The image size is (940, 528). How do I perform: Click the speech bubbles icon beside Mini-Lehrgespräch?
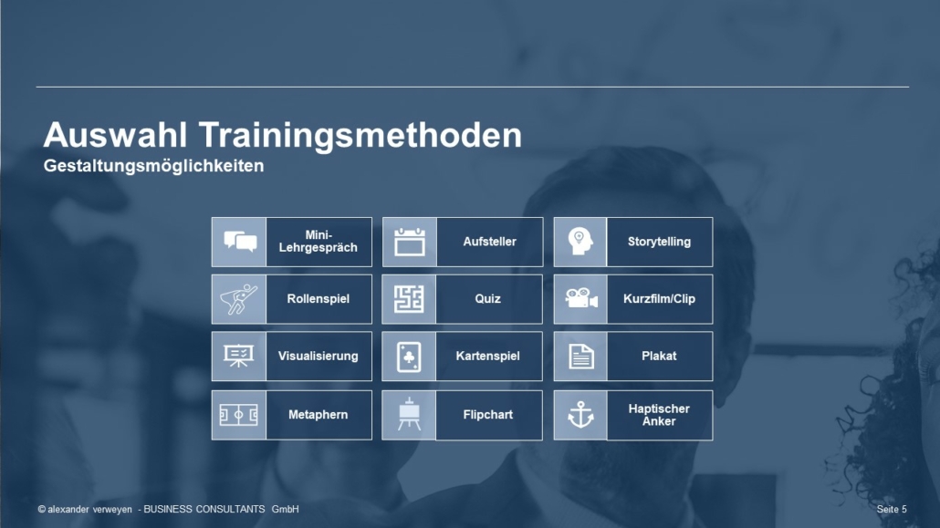pyautogui.click(x=240, y=242)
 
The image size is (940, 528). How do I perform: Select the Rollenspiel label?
pyautogui.click(x=318, y=298)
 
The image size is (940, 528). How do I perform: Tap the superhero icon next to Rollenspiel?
pyautogui.click(x=238, y=299)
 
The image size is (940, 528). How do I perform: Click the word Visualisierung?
pyautogui.click(x=318, y=356)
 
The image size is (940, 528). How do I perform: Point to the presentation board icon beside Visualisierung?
pyautogui.click(x=238, y=356)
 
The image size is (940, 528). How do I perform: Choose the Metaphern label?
pyautogui.click(x=318, y=415)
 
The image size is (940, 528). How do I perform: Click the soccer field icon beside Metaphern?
pyautogui.click(x=238, y=415)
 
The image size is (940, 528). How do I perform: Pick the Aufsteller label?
pyautogui.click(x=489, y=242)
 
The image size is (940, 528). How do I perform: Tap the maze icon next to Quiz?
pyautogui.click(x=409, y=299)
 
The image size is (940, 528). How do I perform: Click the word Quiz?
pyautogui.click(x=487, y=298)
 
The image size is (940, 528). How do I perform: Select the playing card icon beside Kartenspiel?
pyautogui.click(x=409, y=357)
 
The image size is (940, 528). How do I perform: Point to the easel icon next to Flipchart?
pyautogui.click(x=410, y=414)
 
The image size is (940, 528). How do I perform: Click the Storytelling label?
pyautogui.click(x=659, y=242)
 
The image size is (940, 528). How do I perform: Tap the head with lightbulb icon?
pyautogui.click(x=580, y=242)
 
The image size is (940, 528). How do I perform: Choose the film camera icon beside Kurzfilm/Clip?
pyautogui.click(x=581, y=298)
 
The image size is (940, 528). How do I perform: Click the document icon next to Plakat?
pyautogui.click(x=581, y=357)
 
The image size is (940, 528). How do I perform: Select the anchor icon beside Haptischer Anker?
pyautogui.click(x=580, y=415)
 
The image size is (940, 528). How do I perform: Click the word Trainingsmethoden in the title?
pyautogui.click(x=360, y=135)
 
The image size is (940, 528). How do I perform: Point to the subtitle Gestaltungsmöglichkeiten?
pyautogui.click(x=153, y=166)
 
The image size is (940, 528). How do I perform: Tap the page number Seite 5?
pyautogui.click(x=892, y=509)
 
